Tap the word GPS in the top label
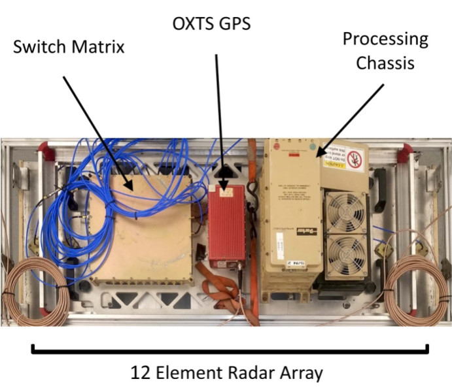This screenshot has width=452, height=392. (234, 24)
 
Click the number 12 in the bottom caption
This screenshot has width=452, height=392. (139, 373)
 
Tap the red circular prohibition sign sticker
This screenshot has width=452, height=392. (353, 157)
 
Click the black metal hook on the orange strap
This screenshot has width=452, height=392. (224, 171)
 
